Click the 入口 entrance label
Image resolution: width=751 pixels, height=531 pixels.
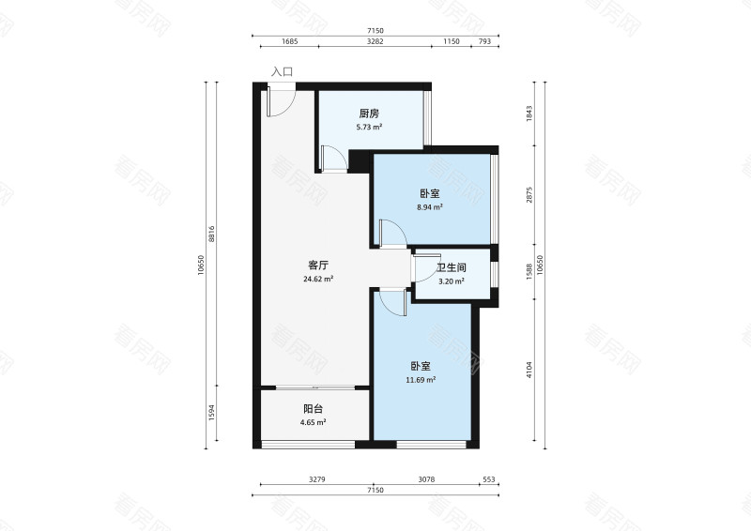282,72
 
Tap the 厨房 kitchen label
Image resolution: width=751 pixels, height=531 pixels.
369,114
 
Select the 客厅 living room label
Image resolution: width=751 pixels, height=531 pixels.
318,265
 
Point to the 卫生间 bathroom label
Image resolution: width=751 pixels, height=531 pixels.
452,267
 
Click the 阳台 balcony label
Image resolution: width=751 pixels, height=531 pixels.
314,409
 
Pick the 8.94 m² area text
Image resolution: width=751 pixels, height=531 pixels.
430,207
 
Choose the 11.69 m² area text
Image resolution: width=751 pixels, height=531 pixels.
421,380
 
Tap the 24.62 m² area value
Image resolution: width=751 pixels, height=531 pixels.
318,279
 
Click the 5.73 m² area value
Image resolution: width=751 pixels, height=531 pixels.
369,128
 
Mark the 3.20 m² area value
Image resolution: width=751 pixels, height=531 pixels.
452,281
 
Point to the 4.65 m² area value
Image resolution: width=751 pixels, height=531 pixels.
314,422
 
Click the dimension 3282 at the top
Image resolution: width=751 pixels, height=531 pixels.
375,41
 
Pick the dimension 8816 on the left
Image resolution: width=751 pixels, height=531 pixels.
212,234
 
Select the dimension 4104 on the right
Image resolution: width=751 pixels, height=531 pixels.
529,370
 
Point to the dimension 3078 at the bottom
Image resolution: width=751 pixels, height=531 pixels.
426,479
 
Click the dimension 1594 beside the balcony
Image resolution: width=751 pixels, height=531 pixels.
212,413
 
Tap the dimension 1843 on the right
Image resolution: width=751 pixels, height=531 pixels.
529,114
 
